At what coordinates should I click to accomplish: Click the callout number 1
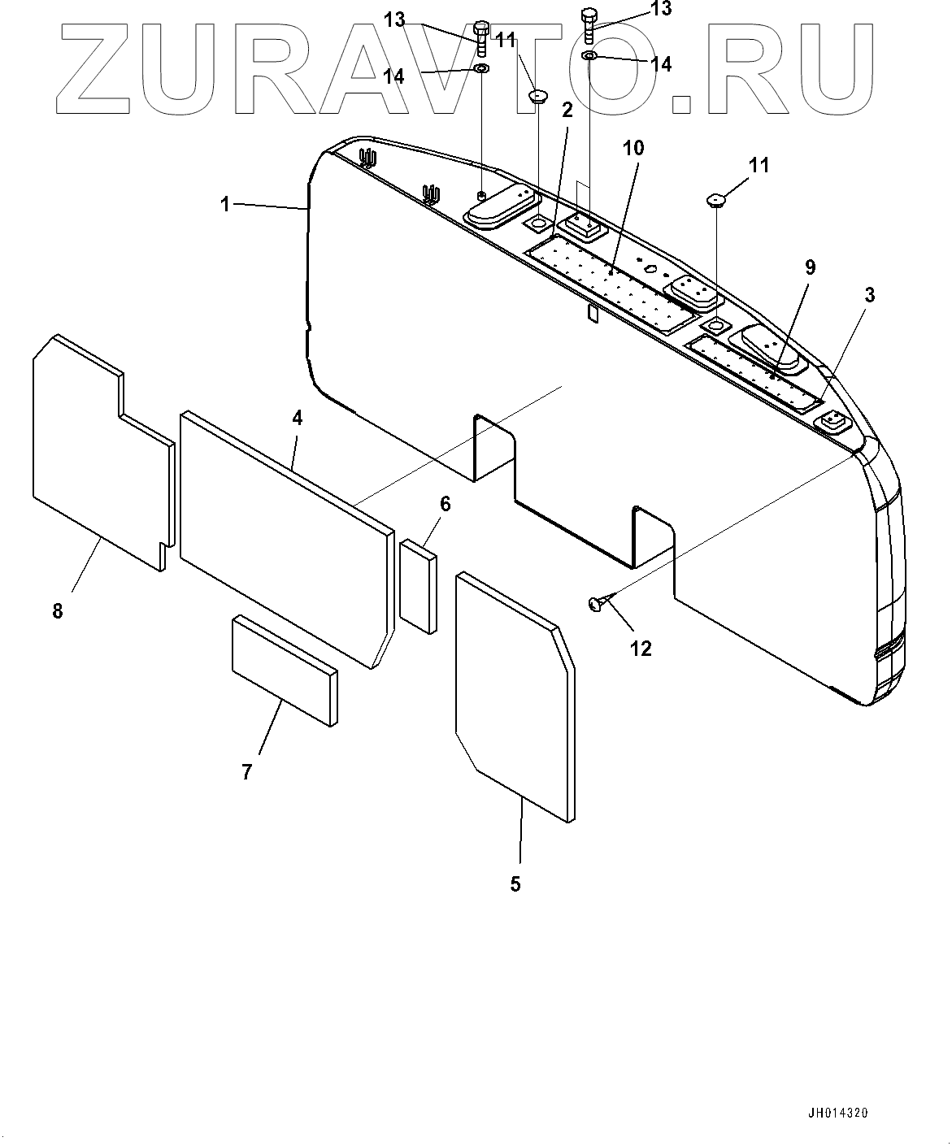click(225, 204)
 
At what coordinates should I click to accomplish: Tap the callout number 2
click(567, 110)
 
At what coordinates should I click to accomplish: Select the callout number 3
click(869, 295)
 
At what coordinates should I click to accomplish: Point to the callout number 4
click(298, 418)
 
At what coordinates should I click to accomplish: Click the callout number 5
click(515, 884)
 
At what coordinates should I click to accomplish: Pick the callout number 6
click(445, 504)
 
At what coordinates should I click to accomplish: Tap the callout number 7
click(247, 771)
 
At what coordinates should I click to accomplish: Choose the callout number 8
click(58, 610)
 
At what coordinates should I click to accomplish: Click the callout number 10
click(633, 148)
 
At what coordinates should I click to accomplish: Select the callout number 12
click(641, 649)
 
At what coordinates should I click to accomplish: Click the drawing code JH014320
click(837, 1113)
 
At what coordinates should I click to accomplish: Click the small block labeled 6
click(418, 585)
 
